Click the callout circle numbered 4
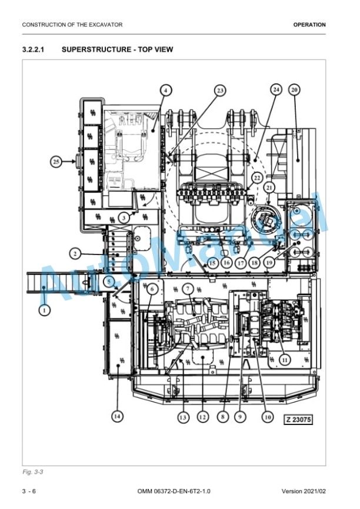click(166, 91)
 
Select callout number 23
click(220, 91)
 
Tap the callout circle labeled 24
click(276, 89)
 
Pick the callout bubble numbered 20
click(294, 89)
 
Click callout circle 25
click(56, 161)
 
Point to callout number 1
click(44, 310)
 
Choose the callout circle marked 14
click(117, 416)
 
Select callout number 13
click(183, 417)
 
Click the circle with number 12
click(203, 417)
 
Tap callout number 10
click(268, 417)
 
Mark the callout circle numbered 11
click(285, 360)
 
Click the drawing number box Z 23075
click(298, 420)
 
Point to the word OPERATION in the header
click(309, 25)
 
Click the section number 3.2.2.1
click(33, 50)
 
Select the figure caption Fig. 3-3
click(32, 471)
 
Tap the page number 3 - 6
click(29, 491)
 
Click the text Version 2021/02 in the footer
click(304, 491)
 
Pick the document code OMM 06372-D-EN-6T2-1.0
click(174, 491)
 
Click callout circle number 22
click(257, 178)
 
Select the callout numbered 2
click(75, 253)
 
